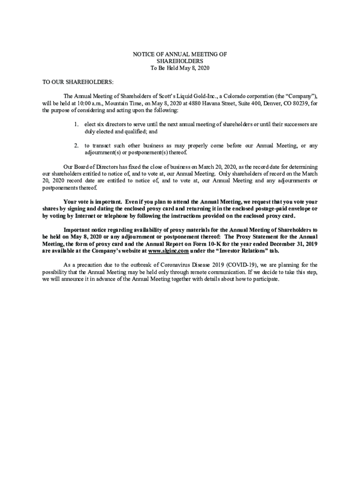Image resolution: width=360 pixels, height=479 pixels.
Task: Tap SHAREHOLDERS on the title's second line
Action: tap(180, 61)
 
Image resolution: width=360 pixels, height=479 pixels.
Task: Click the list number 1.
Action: tap(76, 124)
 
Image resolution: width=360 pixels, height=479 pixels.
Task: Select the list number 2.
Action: tap(76, 145)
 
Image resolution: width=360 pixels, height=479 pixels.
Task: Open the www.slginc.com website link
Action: tap(168, 251)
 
